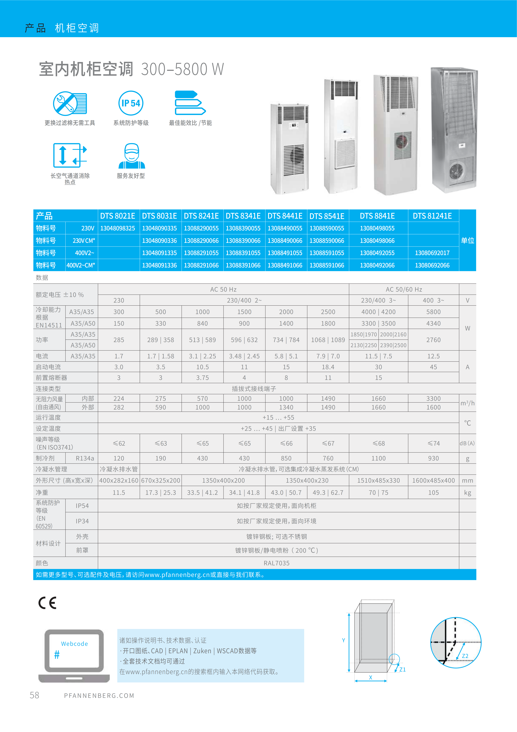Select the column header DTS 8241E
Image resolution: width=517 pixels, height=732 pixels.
201,216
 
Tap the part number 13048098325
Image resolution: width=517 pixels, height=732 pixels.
118,228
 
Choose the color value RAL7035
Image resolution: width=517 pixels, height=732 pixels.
277,563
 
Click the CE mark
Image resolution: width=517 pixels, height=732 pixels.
47,603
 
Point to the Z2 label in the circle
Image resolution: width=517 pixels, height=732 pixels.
465,656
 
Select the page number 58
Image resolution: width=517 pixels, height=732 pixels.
34,695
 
